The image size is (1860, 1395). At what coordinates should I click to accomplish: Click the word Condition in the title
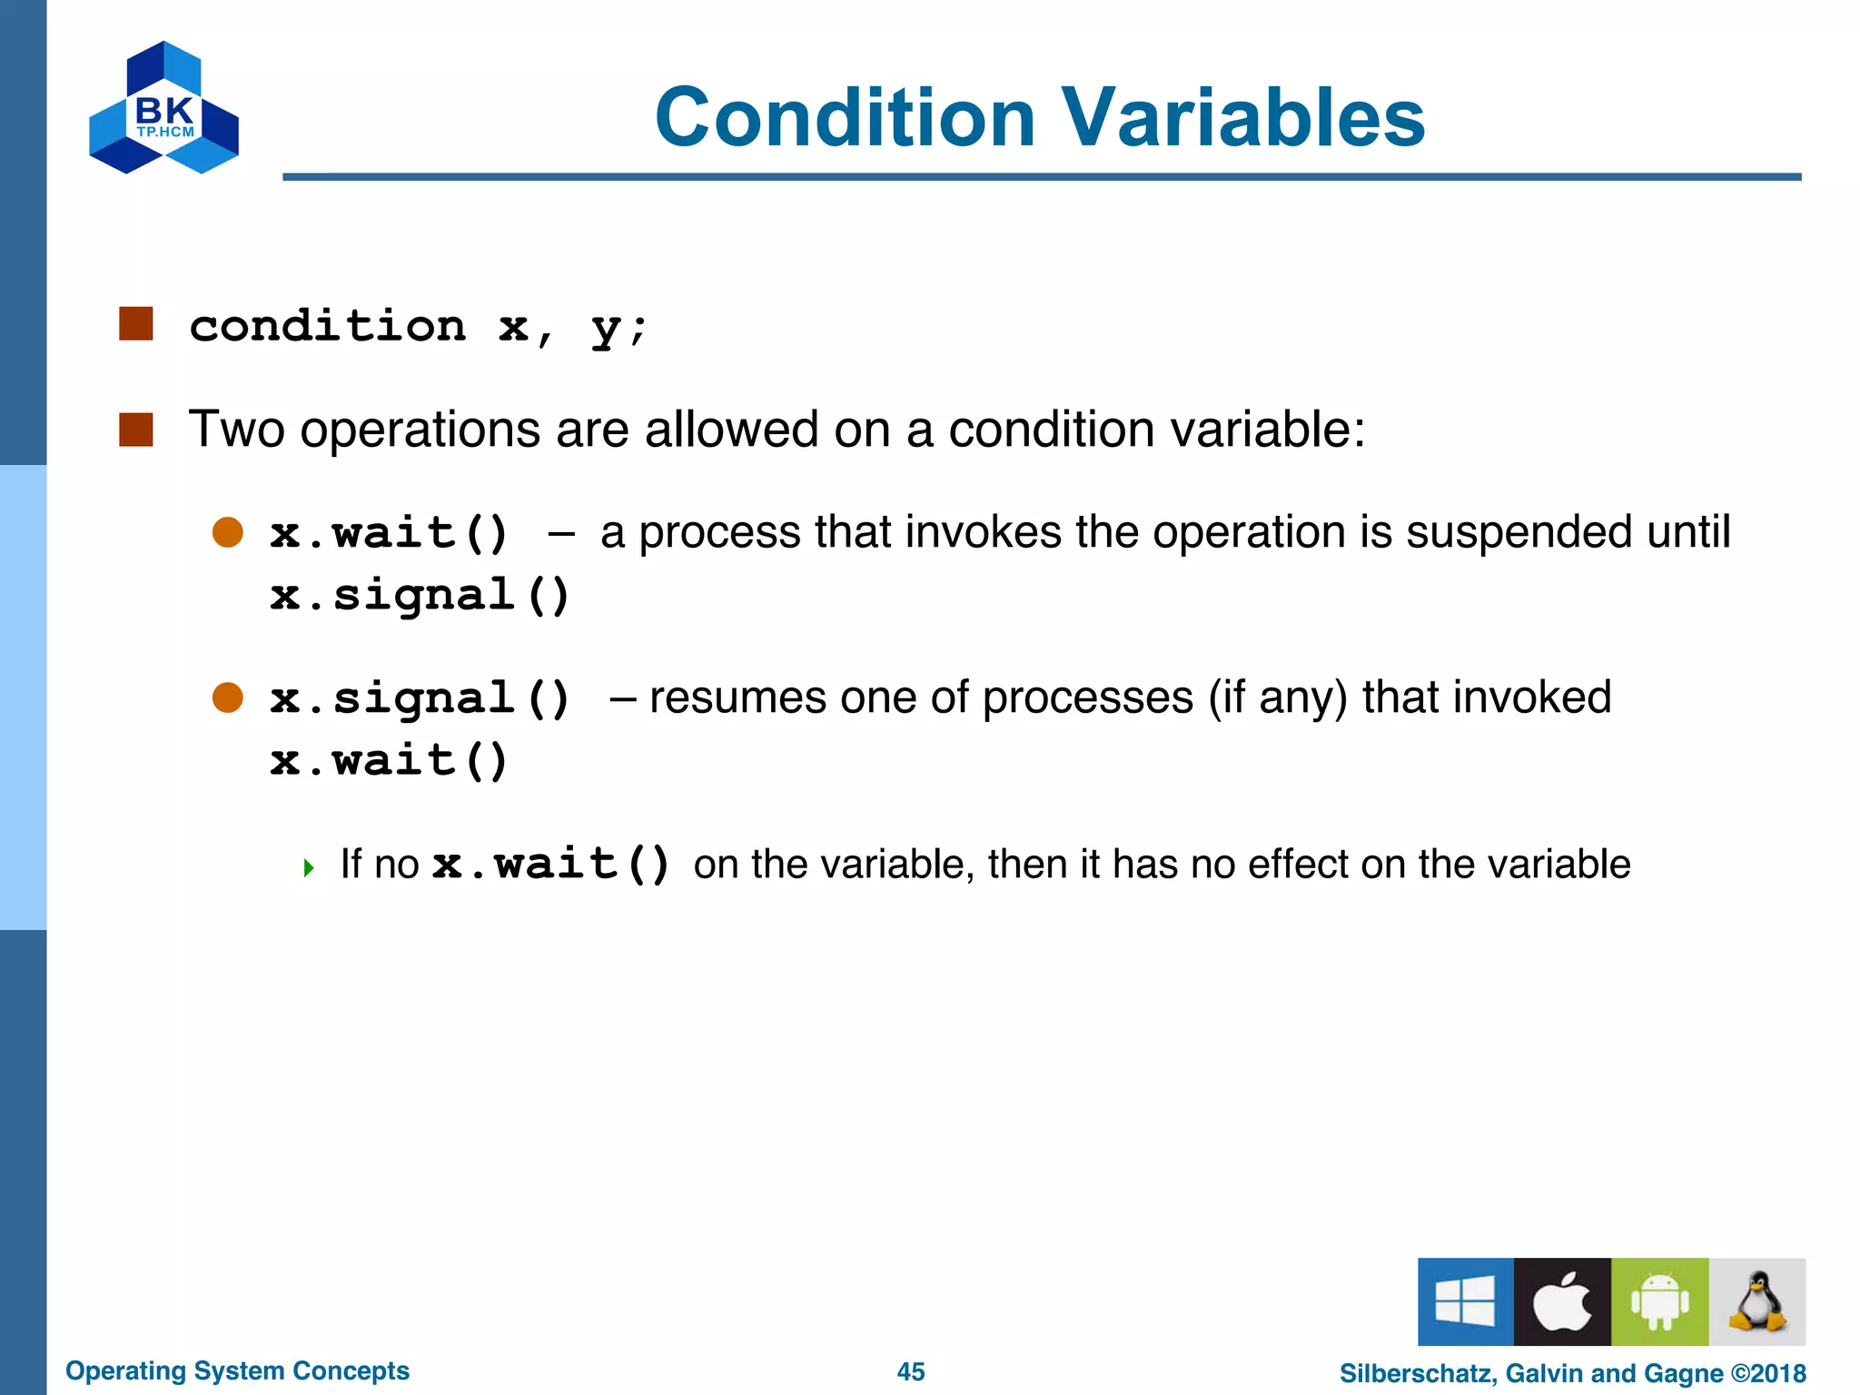pos(845,118)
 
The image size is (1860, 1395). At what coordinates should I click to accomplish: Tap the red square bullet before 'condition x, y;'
pos(136,324)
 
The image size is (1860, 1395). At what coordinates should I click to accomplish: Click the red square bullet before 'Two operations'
pos(136,430)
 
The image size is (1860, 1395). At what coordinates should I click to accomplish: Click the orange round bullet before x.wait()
pos(227,532)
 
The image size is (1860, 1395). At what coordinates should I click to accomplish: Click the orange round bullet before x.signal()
pos(227,697)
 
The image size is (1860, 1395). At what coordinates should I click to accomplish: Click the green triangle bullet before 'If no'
pos(309,867)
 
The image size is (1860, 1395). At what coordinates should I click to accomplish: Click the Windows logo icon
pos(1465,1301)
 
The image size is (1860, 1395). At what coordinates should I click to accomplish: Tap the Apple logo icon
pos(1562,1301)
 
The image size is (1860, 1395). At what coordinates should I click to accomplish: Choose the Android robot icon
pos(1659,1301)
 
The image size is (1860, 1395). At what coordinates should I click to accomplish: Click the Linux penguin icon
pos(1757,1301)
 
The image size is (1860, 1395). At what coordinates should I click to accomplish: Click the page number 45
pos(910,1371)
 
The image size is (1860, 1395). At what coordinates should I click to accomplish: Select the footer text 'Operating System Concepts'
pos(237,1370)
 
